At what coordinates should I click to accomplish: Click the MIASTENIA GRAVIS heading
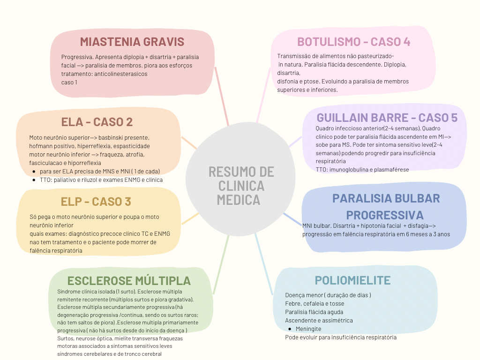(x=132, y=42)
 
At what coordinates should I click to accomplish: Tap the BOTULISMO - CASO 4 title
(x=354, y=42)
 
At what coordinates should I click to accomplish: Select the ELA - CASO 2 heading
(x=97, y=122)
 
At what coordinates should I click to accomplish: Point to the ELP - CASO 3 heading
(x=96, y=202)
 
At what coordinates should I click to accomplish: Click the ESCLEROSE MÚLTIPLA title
(x=129, y=281)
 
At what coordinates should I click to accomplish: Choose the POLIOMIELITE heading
(x=352, y=280)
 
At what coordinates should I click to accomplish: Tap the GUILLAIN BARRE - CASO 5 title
(x=387, y=117)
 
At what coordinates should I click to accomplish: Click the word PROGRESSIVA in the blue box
(x=384, y=215)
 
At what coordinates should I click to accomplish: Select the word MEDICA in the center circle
(x=238, y=200)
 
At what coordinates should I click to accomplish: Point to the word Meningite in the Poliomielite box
(x=308, y=329)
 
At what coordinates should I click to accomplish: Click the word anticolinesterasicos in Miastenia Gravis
(x=120, y=74)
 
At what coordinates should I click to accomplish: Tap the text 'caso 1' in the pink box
(x=69, y=82)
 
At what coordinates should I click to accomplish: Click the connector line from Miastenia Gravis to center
(x=222, y=96)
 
